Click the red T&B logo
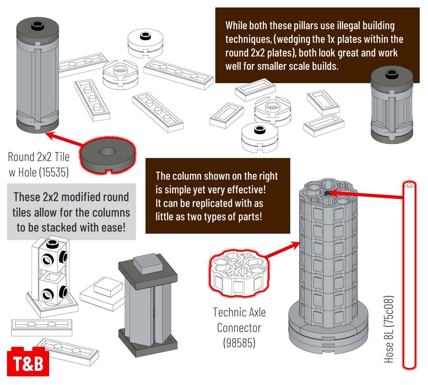[28, 361]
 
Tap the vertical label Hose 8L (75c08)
[389, 329]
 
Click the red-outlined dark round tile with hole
[107, 153]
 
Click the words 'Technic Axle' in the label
[239, 312]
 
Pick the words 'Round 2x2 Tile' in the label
[39, 157]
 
